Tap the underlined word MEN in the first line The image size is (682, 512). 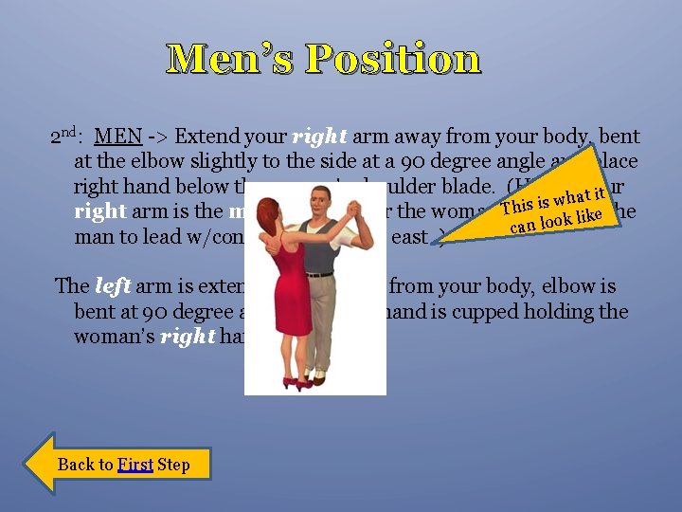click(x=118, y=137)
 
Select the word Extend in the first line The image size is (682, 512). click(x=206, y=137)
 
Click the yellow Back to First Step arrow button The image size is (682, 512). click(x=118, y=464)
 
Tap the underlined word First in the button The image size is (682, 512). click(x=135, y=464)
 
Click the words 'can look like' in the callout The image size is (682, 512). click(x=560, y=221)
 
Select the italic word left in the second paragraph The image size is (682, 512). click(x=112, y=285)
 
